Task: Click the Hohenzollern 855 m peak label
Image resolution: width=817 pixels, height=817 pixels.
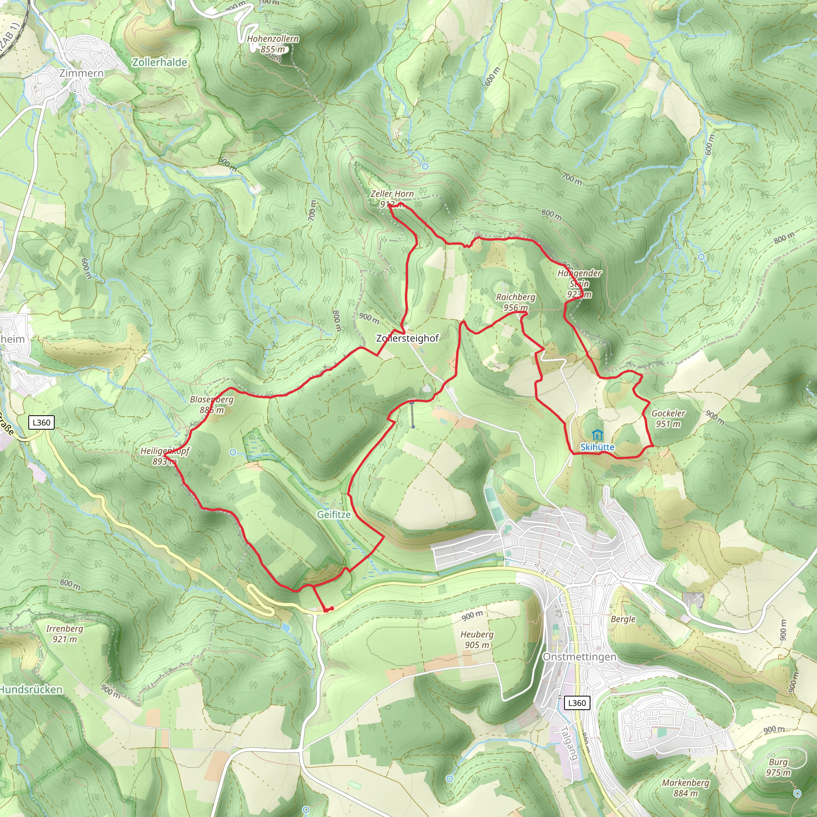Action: coord(273,44)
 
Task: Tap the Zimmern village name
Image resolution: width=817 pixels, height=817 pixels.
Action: coord(81,73)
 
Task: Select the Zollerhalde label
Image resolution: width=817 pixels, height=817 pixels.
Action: coord(160,62)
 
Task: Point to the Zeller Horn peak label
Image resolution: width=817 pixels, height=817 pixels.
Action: coord(392,199)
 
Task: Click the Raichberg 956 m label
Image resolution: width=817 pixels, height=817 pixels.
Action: coord(515,302)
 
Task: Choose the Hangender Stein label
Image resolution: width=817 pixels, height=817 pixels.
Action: coord(579,284)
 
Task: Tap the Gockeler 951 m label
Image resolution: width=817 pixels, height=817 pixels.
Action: coord(668,418)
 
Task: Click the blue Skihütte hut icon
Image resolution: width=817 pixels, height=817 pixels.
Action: coord(597,434)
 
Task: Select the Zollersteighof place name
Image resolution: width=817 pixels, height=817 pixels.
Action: coord(407,338)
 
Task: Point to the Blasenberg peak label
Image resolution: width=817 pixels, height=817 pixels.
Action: coord(211,405)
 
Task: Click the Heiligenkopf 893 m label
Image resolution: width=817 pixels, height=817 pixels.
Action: coord(165,456)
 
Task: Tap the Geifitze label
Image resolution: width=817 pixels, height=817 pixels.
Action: coord(334,515)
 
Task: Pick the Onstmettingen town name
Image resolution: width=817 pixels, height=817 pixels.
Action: coord(579,657)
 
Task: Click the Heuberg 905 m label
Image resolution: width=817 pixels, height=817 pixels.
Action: coord(477,640)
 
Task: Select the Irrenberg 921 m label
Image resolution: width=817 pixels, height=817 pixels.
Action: coord(65,634)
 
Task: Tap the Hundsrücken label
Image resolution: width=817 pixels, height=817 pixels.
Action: coord(31,690)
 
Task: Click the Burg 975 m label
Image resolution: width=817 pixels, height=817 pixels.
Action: coord(778,767)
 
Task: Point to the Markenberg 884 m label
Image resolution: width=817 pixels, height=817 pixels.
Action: coord(685,788)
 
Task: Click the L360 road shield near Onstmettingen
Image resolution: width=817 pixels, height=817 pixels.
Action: coord(577,703)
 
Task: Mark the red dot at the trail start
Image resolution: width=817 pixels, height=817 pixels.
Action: coord(332,608)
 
